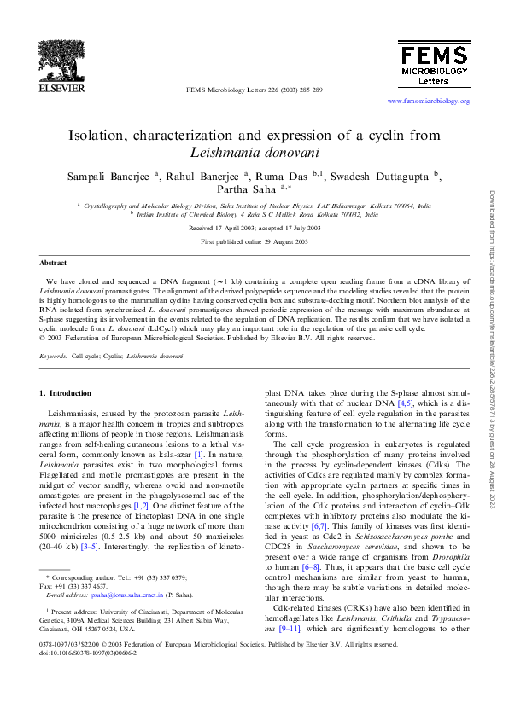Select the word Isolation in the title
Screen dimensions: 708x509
click(99, 136)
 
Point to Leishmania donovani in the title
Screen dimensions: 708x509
click(254, 154)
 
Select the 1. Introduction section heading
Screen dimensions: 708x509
click(66, 393)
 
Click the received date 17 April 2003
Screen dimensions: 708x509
click(225, 229)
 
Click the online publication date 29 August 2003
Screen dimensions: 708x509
click(281, 243)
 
